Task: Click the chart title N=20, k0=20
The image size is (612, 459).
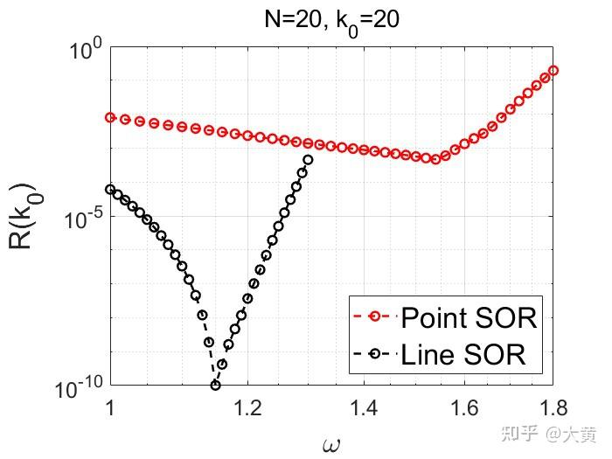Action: click(331, 20)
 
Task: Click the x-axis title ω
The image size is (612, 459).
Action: click(331, 442)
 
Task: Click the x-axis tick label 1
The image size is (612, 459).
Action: click(110, 407)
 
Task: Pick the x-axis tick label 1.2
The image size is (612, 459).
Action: click(247, 407)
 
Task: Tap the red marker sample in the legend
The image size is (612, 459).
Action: click(376, 316)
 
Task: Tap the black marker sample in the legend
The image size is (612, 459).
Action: click(376, 354)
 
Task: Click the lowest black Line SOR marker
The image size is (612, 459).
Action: click(215, 385)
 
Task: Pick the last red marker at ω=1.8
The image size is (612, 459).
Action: click(553, 71)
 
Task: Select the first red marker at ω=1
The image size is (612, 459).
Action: click(110, 117)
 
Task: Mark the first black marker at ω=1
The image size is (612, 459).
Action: click(110, 189)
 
